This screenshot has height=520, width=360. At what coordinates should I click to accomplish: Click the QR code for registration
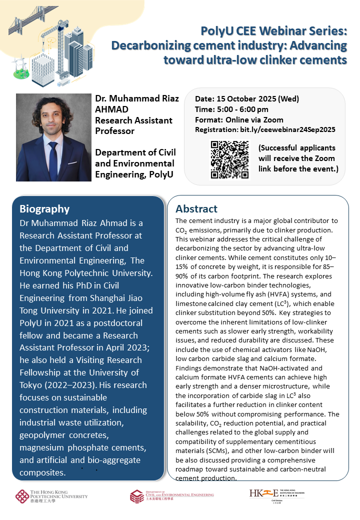(x=229, y=159)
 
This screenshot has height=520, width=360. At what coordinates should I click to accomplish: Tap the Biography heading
(x=44, y=208)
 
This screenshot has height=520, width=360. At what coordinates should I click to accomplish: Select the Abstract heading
(x=196, y=208)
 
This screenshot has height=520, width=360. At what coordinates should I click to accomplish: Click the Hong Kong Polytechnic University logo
(x=51, y=496)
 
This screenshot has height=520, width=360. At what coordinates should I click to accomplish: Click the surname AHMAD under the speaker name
(x=112, y=109)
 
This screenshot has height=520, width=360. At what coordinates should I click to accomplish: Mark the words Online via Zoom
(x=254, y=119)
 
